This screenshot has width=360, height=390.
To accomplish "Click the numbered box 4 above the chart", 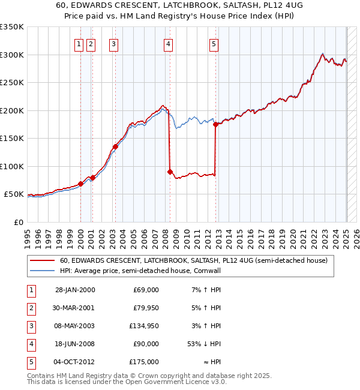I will coord(169,43).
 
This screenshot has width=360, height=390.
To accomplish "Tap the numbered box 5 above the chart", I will coord(214,43).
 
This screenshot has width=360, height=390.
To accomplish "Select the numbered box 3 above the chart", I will coord(113,43).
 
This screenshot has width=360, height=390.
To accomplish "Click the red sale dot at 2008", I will coord(170,172).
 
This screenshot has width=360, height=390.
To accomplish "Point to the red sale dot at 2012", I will coord(215,125).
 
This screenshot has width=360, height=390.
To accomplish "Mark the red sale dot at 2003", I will coord(114,146).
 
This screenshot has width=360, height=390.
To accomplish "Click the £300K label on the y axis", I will coord(12,55).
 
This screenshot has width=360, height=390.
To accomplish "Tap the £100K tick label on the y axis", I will coord(12,166).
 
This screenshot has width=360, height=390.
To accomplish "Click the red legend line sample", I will coord(43,261).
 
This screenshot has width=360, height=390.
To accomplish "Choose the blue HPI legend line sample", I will coord(43,271).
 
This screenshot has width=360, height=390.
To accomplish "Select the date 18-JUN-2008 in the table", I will coord(74,344).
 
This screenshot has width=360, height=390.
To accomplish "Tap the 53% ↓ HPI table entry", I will coord(204,344).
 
